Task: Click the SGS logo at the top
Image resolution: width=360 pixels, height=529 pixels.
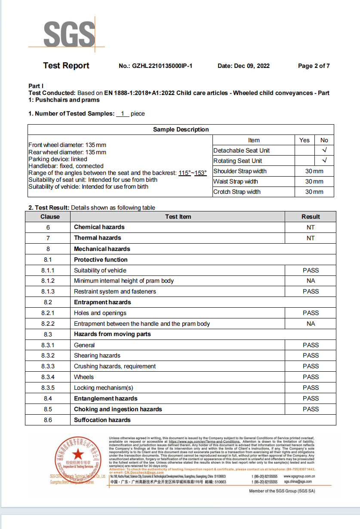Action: pos(69,34)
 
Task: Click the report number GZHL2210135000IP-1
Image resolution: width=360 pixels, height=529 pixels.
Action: pos(155,66)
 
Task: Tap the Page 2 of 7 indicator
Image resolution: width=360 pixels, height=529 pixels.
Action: pos(314,66)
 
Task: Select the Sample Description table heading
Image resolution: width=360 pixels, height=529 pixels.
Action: pos(181,130)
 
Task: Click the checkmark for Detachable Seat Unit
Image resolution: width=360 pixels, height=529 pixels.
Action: pos(324,150)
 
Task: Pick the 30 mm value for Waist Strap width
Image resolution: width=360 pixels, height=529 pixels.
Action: pos(314,181)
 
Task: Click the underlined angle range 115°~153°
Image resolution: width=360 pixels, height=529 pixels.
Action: pos(193,173)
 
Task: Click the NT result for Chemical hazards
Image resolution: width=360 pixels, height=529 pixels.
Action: pos(311,227)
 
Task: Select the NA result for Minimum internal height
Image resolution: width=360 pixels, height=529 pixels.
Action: pos(311,281)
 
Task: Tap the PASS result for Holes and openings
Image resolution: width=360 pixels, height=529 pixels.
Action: pos(311,313)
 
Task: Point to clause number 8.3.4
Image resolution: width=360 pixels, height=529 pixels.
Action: pos(48,377)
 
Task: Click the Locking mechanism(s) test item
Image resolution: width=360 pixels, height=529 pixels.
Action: pos(103,388)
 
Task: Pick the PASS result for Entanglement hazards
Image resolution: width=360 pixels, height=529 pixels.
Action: pos(311,398)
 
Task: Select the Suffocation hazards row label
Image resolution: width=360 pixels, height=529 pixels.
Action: pos(102,420)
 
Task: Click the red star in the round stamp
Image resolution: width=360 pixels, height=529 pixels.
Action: pos(78,454)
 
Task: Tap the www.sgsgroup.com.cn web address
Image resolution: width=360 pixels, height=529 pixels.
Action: pos(300,476)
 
